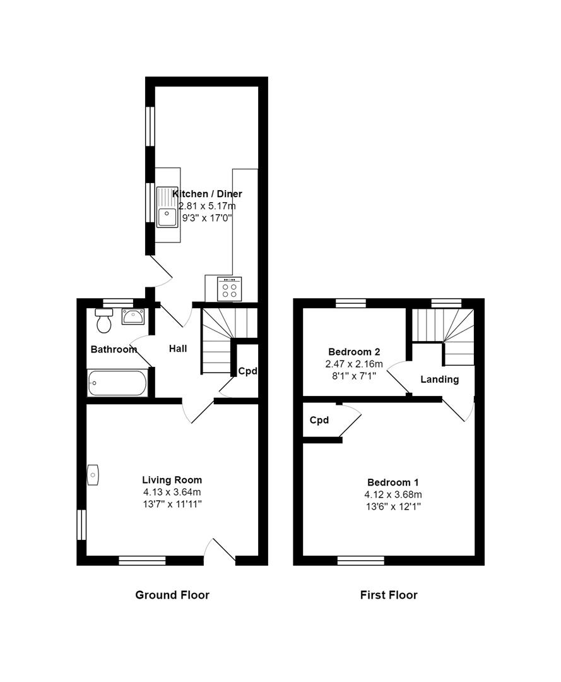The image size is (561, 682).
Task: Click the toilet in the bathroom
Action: pos(103,322)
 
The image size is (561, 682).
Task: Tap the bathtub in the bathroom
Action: pos(117,383)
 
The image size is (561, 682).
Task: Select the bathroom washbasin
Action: pos(133,316)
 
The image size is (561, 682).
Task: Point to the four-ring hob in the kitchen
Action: pos(230,290)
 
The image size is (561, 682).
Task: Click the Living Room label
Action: pos(172,480)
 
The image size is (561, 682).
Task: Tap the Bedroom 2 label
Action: pos(354,352)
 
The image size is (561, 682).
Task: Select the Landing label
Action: pos(439,380)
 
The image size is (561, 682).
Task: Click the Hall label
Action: pos(178,349)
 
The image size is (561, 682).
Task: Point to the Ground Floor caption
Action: pos(172,595)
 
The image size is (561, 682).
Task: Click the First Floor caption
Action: pos(389,595)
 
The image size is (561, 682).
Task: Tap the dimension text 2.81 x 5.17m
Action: pos(207,206)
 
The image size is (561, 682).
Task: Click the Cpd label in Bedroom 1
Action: pos(319,421)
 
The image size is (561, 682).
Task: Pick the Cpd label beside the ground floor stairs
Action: pos(247,371)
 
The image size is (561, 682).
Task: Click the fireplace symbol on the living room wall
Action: pos(93,474)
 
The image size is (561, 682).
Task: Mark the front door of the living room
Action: pos(220,551)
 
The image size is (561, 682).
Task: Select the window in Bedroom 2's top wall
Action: pos(351,303)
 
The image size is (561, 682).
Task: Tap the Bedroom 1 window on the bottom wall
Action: pos(361,560)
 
